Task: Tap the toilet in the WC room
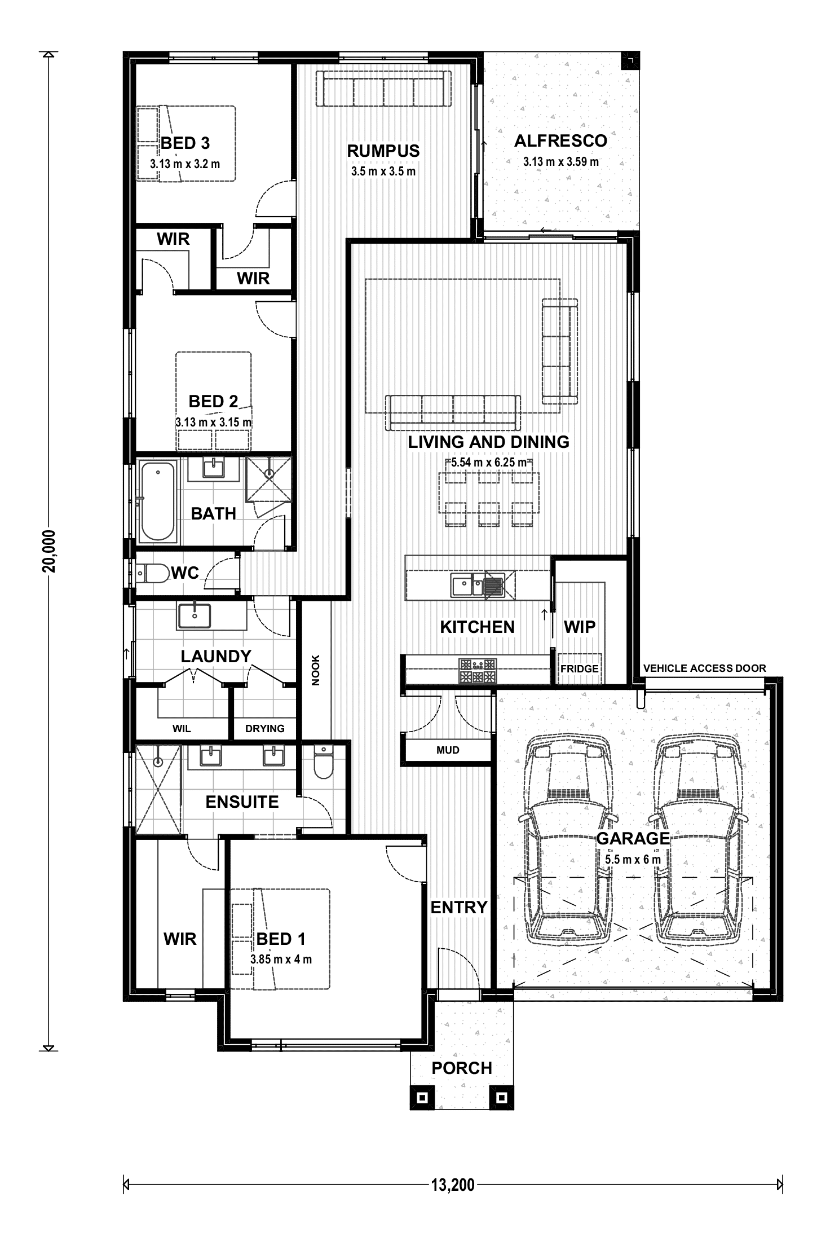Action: [x=152, y=574]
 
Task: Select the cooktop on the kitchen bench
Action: [x=478, y=670]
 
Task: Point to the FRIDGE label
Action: [x=579, y=669]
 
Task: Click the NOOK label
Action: [x=316, y=670]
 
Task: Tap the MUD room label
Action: [x=448, y=750]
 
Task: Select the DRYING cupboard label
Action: [x=264, y=728]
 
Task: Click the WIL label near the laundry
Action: [x=182, y=728]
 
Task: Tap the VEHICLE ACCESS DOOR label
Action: [x=704, y=668]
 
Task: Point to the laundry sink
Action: [x=194, y=615]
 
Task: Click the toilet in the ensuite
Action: [x=324, y=763]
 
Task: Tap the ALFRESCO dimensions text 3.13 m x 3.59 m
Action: [x=560, y=162]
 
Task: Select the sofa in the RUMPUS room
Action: [x=383, y=89]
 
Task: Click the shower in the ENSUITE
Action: [x=158, y=788]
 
